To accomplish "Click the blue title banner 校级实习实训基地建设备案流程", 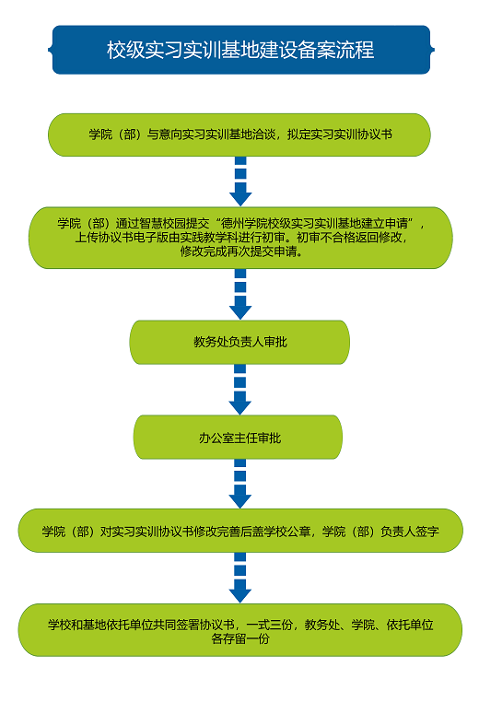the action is tap(240, 50).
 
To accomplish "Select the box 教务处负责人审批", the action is tap(239, 342).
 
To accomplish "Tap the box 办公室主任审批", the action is tap(239, 438).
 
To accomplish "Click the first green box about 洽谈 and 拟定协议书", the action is tap(239, 135).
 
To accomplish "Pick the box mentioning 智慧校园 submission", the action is tap(240, 238).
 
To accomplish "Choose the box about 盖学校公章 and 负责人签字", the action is tap(240, 531).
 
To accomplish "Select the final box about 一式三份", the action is tap(239, 630).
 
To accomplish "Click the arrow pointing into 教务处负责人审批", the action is tap(240, 294).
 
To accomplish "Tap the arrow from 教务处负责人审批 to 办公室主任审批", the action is tap(239, 390).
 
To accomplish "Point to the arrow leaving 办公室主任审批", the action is tap(239, 484).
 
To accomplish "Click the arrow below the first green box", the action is tap(240, 181).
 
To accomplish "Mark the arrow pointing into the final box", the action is tap(239, 578).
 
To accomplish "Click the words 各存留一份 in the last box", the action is tap(240, 638).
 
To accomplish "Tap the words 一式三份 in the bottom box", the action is tap(270, 625).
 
